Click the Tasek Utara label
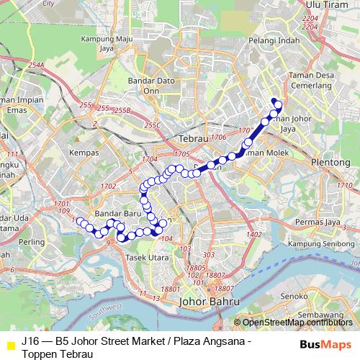click(x=149, y=257)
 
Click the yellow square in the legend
click(x=10, y=346)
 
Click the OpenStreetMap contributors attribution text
click(x=297, y=323)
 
